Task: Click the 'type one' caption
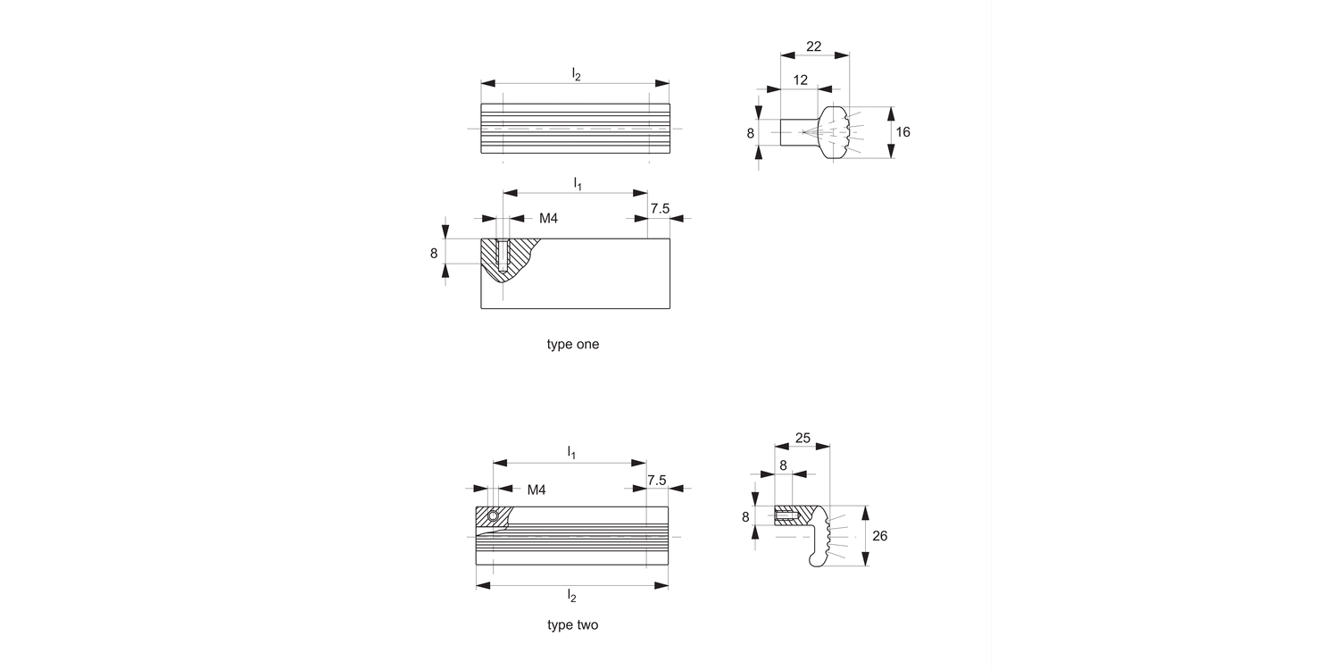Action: (x=573, y=344)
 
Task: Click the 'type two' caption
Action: (x=573, y=625)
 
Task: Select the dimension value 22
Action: (x=814, y=46)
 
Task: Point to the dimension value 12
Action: (x=800, y=80)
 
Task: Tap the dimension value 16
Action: (x=902, y=132)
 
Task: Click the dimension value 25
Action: (x=803, y=438)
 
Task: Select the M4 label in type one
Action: (x=548, y=218)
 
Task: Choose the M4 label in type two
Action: (x=536, y=490)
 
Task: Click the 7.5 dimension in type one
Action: (x=660, y=208)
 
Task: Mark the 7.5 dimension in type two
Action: (x=656, y=480)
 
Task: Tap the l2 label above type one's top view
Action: (x=576, y=75)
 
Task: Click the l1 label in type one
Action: (x=577, y=183)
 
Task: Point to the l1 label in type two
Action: (x=571, y=454)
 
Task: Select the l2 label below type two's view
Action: (x=572, y=595)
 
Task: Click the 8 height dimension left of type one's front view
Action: (x=434, y=253)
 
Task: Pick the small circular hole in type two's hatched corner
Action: (x=492, y=516)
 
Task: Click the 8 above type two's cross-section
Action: (x=783, y=465)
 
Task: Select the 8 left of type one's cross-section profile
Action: (x=751, y=134)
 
